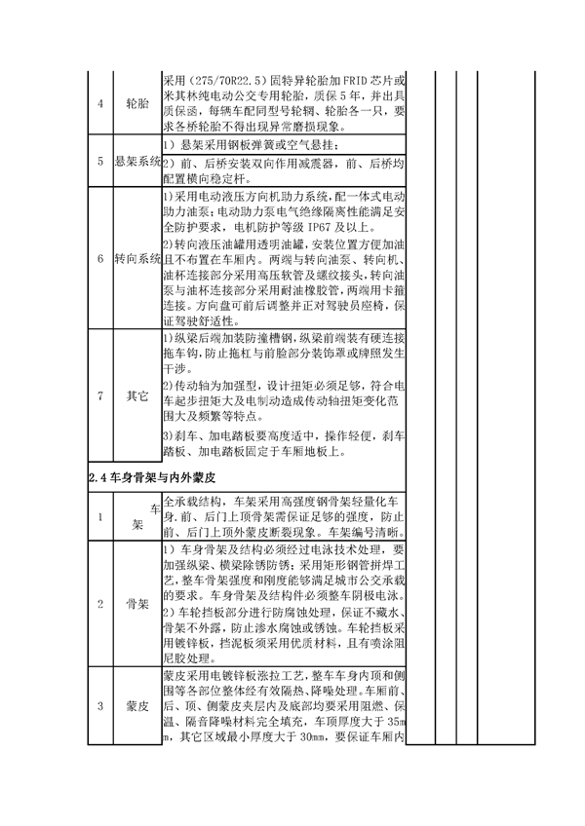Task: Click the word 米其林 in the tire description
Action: tap(179, 95)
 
